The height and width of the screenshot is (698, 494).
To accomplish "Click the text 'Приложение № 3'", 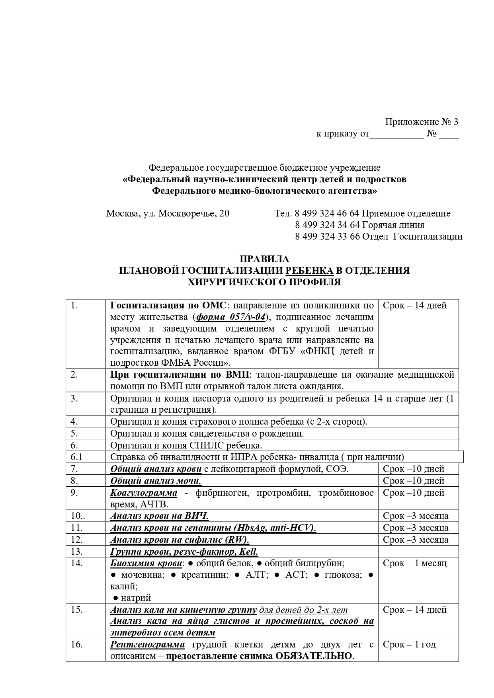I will (421, 122).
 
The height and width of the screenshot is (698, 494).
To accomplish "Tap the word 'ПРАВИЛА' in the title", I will (264, 259).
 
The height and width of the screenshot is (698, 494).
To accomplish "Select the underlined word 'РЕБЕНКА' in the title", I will (310, 271).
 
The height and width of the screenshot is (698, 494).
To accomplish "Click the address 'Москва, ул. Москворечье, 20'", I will (168, 213).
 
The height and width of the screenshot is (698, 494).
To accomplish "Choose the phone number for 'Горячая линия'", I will (327, 225).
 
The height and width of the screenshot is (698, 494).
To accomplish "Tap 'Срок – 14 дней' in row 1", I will (415, 305).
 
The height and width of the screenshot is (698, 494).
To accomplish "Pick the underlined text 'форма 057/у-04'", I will (231, 317).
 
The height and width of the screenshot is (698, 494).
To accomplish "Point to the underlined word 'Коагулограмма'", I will (144, 493).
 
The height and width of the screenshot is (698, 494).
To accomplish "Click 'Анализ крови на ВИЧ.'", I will (159, 516).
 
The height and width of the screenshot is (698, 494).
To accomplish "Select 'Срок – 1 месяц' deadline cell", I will (415, 563).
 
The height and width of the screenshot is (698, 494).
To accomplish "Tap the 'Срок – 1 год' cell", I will (409, 644).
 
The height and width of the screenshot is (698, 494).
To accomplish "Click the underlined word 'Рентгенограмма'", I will (147, 644).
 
